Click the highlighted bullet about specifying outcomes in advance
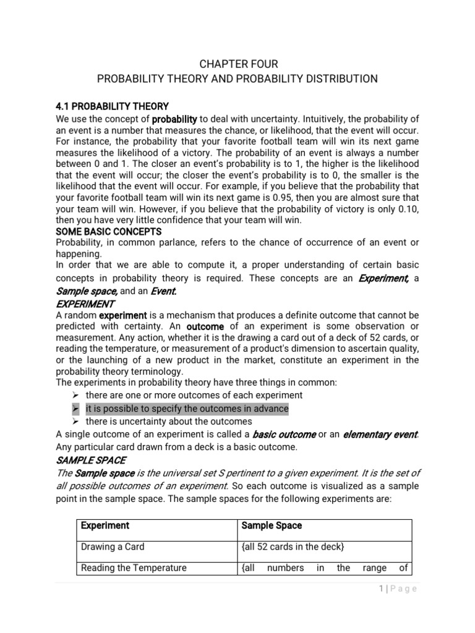point(187,409)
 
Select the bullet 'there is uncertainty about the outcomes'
point(169,422)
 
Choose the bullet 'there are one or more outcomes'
point(194,395)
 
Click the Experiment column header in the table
point(105,525)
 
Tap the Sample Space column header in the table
point(272,525)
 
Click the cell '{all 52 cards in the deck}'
point(293,546)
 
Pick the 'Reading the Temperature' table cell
point(134,568)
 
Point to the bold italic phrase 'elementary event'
point(380,435)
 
